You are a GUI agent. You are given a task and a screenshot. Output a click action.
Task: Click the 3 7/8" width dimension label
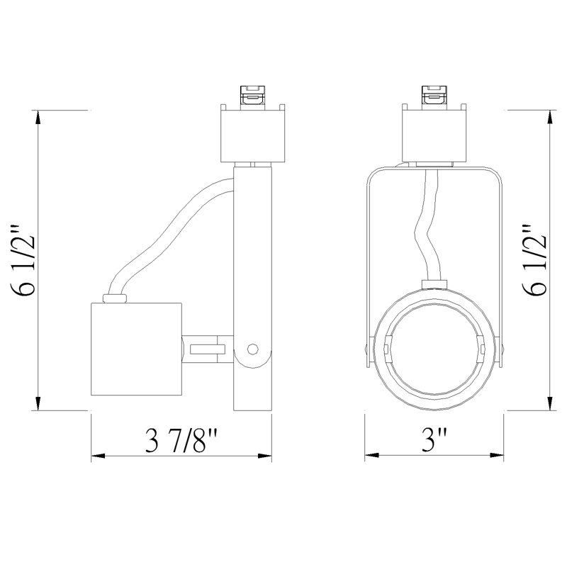[181, 440]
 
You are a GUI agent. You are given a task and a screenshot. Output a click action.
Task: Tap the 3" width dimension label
[434, 439]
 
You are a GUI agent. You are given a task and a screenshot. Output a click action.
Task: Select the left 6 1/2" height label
[24, 261]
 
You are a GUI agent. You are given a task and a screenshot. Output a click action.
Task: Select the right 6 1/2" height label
[534, 259]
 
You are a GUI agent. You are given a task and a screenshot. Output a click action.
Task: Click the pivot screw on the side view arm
[252, 349]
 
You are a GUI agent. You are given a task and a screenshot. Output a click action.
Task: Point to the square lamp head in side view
[136, 349]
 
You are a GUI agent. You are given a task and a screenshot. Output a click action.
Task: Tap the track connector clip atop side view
[252, 96]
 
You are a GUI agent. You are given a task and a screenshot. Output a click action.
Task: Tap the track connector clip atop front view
[434, 96]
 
